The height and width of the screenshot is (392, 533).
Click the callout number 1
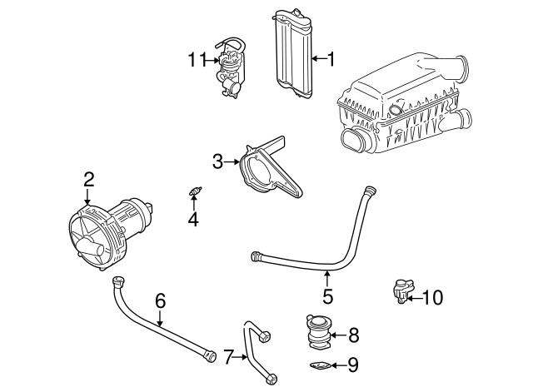(331, 59)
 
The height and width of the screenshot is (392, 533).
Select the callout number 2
(88, 179)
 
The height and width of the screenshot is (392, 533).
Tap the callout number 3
(218, 161)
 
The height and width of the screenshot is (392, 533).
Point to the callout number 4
(193, 220)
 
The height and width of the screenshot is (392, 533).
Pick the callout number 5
(327, 295)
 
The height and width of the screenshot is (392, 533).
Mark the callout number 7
(228, 356)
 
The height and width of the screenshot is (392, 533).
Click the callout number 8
(353, 335)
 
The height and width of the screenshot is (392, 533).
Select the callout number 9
(353, 364)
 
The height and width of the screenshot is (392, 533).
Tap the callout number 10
(434, 296)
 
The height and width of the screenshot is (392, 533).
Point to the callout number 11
(196, 59)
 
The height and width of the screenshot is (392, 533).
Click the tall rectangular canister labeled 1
(291, 54)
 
